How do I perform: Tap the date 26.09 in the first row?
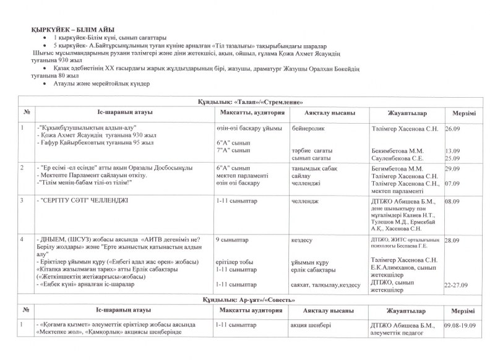pyautogui.click(x=452, y=128)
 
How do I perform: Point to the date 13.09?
pyautogui.click(x=452, y=150)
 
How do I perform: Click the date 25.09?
pyautogui.click(x=452, y=158)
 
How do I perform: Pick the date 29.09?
pyautogui.click(x=452, y=168)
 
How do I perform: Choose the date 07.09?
pyautogui.click(x=452, y=184)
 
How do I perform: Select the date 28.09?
pyautogui.click(x=452, y=239)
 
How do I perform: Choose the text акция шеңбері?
pyautogui.click(x=311, y=324)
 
